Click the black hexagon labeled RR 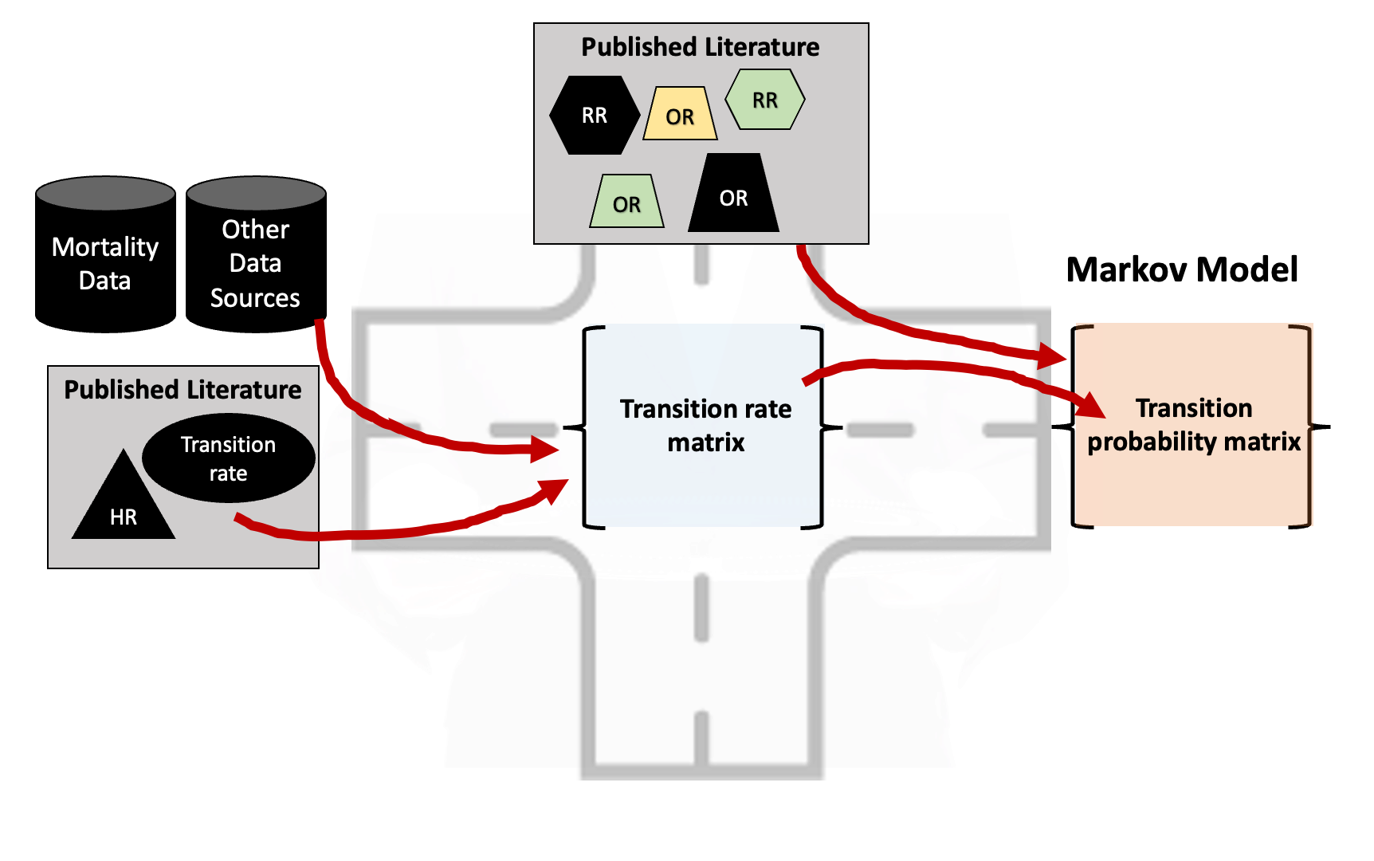(595, 116)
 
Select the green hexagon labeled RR (765, 100)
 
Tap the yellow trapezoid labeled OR (680, 115)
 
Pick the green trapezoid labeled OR (627, 202)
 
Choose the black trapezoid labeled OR (733, 195)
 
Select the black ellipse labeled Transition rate (229, 458)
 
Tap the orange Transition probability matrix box (1193, 425)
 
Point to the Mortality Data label (105, 263)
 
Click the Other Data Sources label (255, 263)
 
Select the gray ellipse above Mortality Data (105, 194)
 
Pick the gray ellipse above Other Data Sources (256, 194)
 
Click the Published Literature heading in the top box (700, 47)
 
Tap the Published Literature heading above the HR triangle (183, 389)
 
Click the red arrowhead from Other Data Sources (546, 450)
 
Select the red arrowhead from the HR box (555, 489)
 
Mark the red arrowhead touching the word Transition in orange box (1091, 405)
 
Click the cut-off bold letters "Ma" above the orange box (1085, 270)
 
